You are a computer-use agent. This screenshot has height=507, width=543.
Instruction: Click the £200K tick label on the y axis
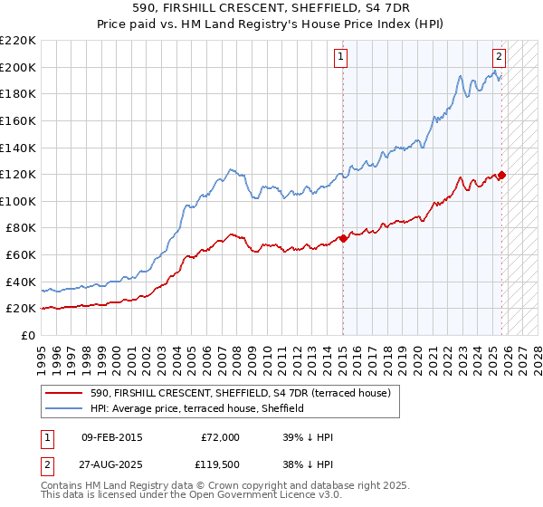[x=18, y=67]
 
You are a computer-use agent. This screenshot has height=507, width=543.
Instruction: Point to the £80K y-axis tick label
[x=21, y=228]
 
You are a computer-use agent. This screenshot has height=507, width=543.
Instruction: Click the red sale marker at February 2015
[x=343, y=239]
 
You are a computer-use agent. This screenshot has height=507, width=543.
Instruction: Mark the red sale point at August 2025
[x=502, y=175]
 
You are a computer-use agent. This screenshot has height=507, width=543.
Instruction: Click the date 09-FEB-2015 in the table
[x=111, y=437]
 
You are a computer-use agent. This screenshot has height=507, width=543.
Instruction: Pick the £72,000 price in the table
[x=220, y=437]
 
